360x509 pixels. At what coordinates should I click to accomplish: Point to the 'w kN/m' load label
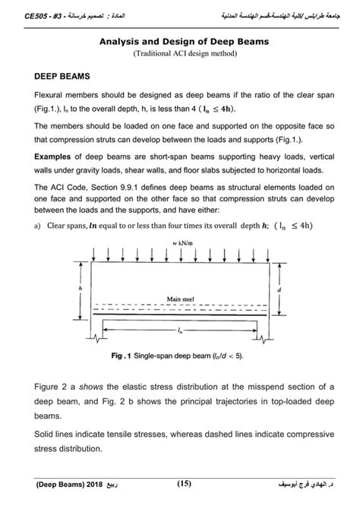pyautogui.click(x=179, y=242)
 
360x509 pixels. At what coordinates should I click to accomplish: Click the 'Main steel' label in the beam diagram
pyautogui.click(x=181, y=299)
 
